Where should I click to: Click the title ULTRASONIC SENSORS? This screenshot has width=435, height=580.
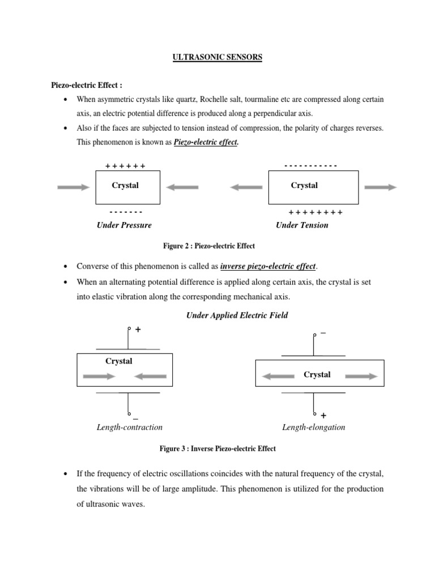click(x=217, y=58)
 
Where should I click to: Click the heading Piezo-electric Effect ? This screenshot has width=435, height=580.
click(x=87, y=85)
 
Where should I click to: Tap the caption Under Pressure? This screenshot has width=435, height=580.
click(x=124, y=225)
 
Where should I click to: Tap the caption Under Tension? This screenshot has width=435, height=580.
click(x=302, y=225)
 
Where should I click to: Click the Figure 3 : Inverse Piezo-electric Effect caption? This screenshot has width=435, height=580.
click(x=217, y=449)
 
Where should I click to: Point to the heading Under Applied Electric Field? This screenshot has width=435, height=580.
click(x=237, y=315)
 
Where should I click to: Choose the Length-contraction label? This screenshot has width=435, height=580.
click(x=130, y=427)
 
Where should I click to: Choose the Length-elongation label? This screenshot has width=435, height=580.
click(x=313, y=427)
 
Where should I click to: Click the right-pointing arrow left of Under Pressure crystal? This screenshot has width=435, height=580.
click(x=74, y=187)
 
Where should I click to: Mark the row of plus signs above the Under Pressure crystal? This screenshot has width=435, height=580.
click(x=125, y=166)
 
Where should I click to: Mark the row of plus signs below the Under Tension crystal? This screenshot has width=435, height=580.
click(x=315, y=212)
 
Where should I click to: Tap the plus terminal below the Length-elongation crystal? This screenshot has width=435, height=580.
click(x=323, y=416)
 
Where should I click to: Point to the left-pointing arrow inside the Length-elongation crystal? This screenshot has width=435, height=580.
click(x=278, y=376)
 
